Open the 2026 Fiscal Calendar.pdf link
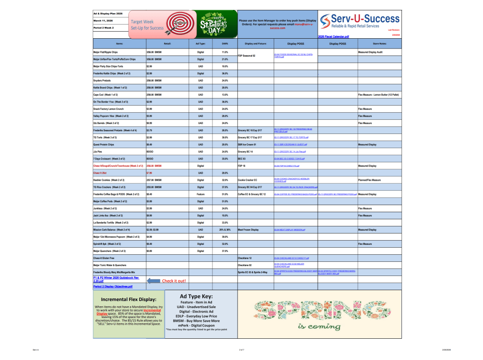[333, 36]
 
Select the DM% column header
[225, 43]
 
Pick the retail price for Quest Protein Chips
[149, 144]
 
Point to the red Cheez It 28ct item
[100, 173]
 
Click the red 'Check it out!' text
[174, 281]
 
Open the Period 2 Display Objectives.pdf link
[113, 286]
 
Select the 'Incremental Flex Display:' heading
[128, 299]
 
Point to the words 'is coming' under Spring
[319, 327]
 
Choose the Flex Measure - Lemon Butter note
[379, 95]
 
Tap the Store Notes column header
[379, 43]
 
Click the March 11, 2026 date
[103, 21]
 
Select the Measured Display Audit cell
[370, 52]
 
